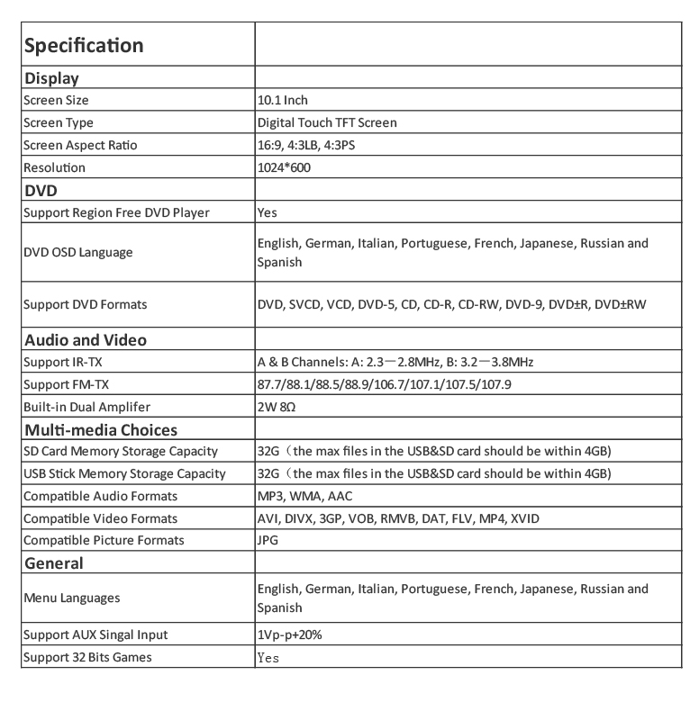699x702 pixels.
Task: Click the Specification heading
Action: [x=83, y=45]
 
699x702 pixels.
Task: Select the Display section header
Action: [x=51, y=78]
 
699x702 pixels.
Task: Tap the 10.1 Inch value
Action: [x=283, y=101]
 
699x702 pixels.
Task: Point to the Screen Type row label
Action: [x=59, y=122]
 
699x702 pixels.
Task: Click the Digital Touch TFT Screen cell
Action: [x=327, y=122]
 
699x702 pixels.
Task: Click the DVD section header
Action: [x=41, y=190]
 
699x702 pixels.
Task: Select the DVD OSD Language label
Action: [x=77, y=252]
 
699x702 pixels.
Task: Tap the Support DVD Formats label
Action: [x=85, y=304]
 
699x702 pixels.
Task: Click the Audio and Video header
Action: [x=85, y=340]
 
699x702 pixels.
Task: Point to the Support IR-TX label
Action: [x=58, y=362]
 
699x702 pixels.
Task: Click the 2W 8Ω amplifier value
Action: [x=277, y=407]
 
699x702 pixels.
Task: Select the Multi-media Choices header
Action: [x=100, y=429]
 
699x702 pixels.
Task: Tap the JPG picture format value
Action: [x=268, y=540]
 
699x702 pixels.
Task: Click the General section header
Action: [x=54, y=563]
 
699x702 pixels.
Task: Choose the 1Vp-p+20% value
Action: [x=289, y=634]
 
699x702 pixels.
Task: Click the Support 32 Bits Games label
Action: [x=87, y=657]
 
